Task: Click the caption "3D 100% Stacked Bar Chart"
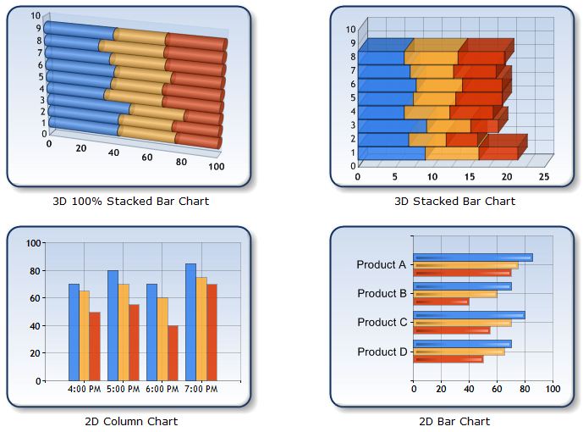130,201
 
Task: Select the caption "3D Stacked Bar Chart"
454,201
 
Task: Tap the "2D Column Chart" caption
131,421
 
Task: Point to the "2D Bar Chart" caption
454,421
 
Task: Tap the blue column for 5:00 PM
113,325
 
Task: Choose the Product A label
382,264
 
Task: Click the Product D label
382,352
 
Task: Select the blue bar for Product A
472,258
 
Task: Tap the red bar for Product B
440,302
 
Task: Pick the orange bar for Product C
462,323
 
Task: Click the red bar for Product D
448,359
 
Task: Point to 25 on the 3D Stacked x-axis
543,177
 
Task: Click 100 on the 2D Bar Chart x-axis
553,389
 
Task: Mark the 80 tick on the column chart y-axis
35,270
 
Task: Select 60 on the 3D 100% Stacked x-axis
147,158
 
